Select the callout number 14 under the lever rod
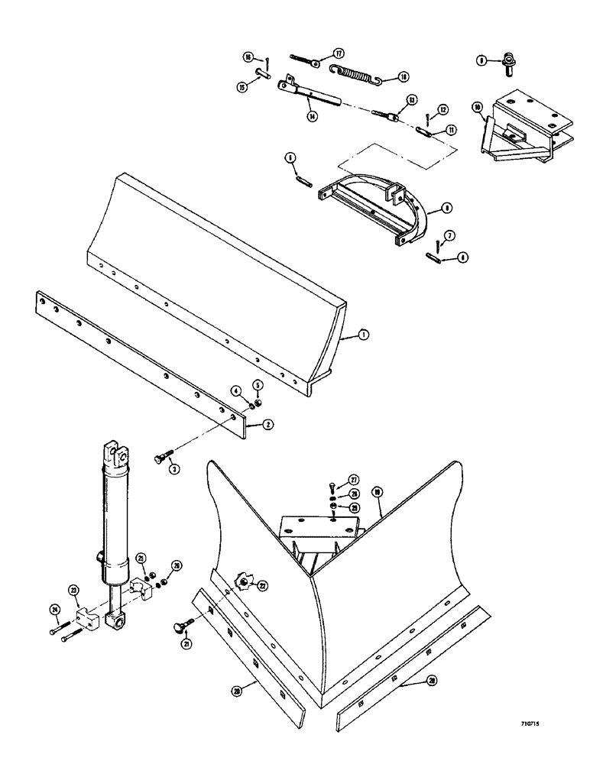tap(312, 117)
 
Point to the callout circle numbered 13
tap(411, 100)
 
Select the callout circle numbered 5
tap(258, 385)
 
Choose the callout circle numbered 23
tap(73, 589)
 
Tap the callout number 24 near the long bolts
tap(54, 610)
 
